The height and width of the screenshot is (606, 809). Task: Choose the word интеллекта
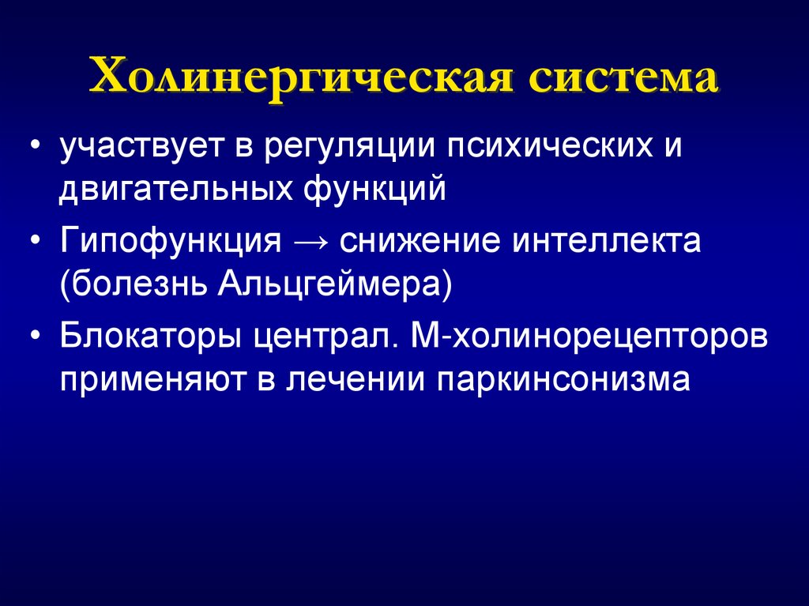point(608,239)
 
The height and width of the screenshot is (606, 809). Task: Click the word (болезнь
point(130,283)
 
